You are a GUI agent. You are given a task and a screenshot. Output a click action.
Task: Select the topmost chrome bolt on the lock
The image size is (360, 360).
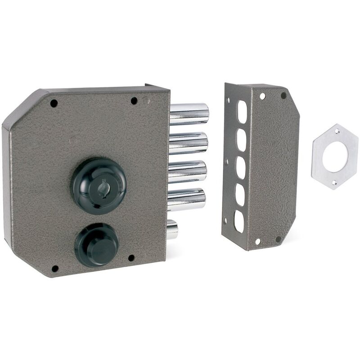pos(189,114)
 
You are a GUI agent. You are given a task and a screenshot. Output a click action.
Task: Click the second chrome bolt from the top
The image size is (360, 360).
pos(189,143)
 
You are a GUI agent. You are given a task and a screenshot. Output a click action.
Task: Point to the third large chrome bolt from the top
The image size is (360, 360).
pos(188,171)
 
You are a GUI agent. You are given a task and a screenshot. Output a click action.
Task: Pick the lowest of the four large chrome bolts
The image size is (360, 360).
pos(187,199)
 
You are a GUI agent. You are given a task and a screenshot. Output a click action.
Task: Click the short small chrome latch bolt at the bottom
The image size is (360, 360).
pos(172,229)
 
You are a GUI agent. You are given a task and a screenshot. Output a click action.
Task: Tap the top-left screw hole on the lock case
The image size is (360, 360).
pos(54,103)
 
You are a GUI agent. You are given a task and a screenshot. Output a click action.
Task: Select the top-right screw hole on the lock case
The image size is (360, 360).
pos(134,101)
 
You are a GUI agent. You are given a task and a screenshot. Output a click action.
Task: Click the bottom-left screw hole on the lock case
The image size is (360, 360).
pos(55,269)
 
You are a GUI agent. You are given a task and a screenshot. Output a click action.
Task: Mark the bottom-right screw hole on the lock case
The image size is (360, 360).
pos(131,258)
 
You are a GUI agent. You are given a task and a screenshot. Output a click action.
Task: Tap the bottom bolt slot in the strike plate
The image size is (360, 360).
pos(239,221)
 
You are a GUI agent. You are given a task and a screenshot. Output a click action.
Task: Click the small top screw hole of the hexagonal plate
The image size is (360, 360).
pos(337,131)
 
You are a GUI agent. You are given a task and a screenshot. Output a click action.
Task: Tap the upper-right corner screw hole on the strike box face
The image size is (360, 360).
pos(283,95)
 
